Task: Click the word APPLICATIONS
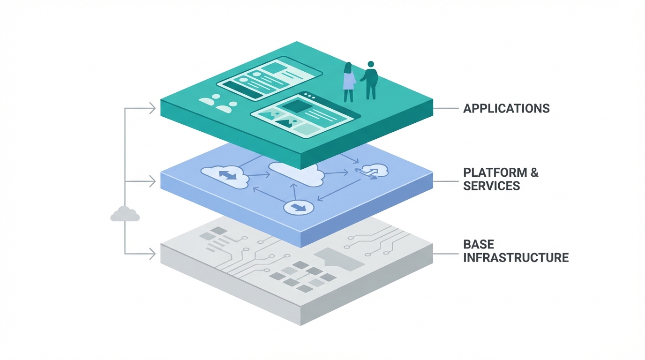506,108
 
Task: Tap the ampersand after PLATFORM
534,172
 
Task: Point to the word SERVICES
492,186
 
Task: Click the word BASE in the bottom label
479,244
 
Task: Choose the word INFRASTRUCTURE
516,257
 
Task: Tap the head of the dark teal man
371,64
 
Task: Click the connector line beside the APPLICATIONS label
445,108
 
